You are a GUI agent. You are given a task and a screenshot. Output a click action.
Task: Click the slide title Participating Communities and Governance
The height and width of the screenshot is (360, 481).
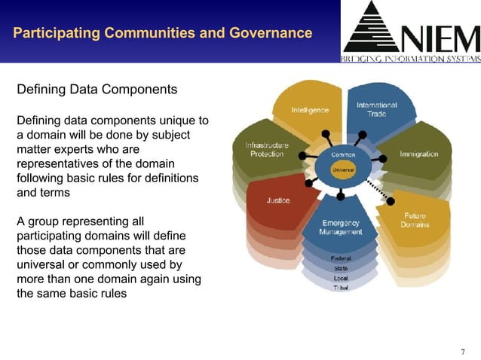click(x=162, y=33)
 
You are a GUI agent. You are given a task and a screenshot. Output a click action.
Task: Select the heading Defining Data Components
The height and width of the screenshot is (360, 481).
click(x=97, y=90)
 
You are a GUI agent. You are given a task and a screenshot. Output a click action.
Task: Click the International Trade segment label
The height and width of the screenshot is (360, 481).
click(x=376, y=109)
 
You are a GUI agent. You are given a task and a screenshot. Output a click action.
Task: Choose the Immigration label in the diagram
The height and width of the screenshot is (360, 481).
click(x=418, y=154)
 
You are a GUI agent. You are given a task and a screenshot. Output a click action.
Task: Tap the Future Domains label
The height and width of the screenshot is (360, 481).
click(x=415, y=220)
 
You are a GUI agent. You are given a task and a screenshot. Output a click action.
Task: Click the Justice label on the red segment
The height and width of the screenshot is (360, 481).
click(x=279, y=200)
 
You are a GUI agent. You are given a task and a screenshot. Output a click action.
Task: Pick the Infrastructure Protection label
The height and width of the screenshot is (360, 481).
click(x=267, y=149)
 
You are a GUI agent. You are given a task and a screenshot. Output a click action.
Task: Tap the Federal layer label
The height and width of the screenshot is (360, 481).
click(x=341, y=258)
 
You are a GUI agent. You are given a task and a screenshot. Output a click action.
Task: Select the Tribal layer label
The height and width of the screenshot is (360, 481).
click(x=341, y=288)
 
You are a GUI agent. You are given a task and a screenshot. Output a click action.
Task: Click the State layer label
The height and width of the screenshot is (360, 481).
click(x=341, y=268)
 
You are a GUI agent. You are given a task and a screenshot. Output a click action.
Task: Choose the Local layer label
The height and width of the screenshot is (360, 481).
click(x=341, y=278)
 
